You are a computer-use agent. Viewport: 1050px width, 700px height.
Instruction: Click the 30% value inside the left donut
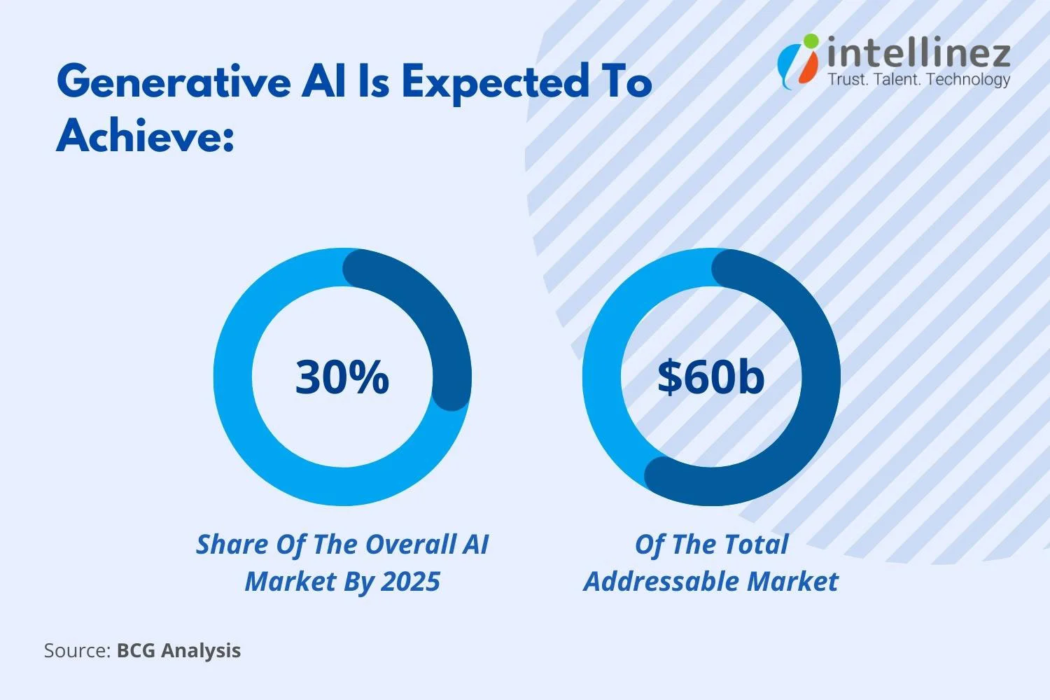(342, 377)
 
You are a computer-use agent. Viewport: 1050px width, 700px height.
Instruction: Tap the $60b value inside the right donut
(710, 377)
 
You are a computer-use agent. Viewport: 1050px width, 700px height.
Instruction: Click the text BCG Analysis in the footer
(178, 650)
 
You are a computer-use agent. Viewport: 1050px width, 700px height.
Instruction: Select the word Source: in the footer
(77, 650)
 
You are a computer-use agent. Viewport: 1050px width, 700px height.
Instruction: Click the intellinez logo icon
(798, 59)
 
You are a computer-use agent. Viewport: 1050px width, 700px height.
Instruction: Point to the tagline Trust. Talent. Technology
(918, 79)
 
